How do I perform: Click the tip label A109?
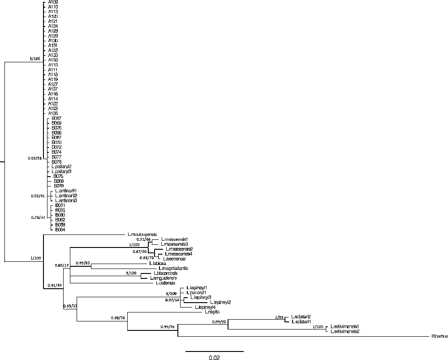pyautogui.click(x=53, y=2)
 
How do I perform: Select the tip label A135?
pyautogui.click(x=53, y=113)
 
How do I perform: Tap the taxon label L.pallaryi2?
pyautogui.click(x=61, y=167)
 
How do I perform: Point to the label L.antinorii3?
pyautogui.click(x=66, y=200)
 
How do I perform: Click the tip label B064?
pyautogui.click(x=60, y=230)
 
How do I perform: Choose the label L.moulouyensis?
pyautogui.click(x=141, y=234)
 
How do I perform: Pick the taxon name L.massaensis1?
pyautogui.click(x=174, y=239)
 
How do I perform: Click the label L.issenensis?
pyautogui.click(x=168, y=259)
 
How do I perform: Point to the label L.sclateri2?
pyautogui.click(x=301, y=317)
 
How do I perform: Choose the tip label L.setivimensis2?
pyautogui.click(x=345, y=331)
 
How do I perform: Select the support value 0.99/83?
pyautogui.click(x=83, y=262)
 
